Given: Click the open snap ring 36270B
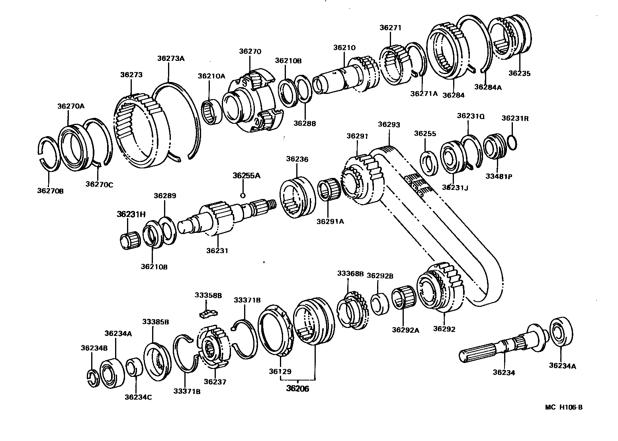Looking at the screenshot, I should [49, 153].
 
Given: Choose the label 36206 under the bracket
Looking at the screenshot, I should [297, 388].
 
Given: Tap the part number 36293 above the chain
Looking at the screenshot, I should [389, 124].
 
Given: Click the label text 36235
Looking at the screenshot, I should [519, 73].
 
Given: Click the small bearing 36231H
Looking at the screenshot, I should [129, 240].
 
